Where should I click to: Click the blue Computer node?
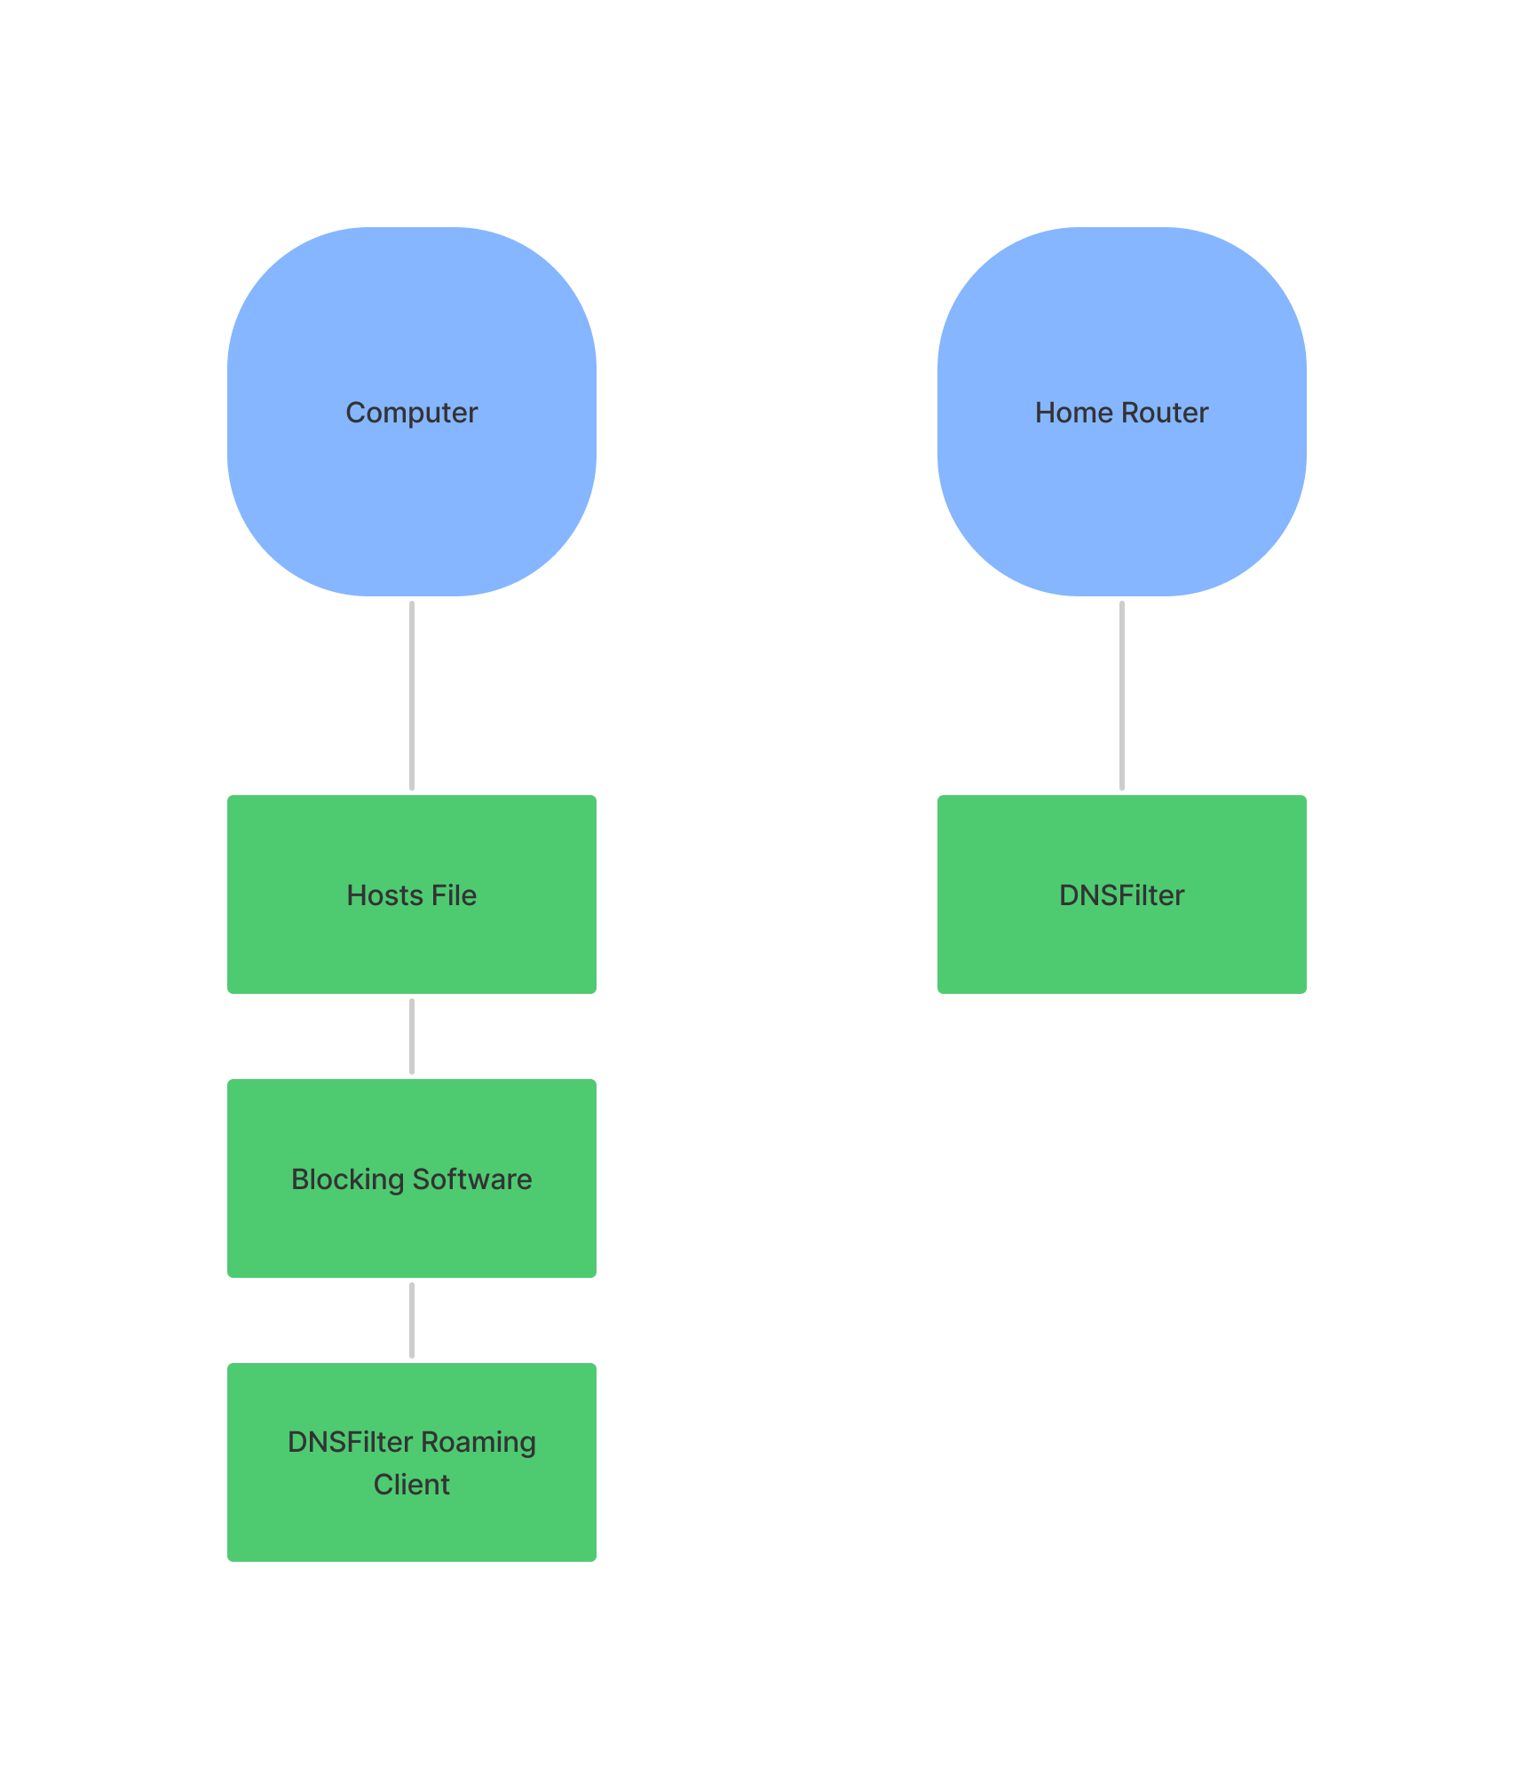412,412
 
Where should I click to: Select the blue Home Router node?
1122,412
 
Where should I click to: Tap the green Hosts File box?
412,894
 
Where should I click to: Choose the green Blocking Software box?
412,1178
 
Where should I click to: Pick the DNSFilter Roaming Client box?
412,1462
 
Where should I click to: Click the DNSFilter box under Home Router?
1122,894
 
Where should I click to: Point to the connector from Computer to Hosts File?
412,696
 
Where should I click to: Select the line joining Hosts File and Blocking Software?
412,1036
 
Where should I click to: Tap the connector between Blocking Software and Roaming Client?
412,1320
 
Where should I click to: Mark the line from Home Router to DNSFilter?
1122,696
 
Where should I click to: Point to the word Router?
1165,413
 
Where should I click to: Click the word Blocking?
348,1180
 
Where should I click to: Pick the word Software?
472,1179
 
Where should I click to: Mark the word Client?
412,1485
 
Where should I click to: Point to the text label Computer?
412,414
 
